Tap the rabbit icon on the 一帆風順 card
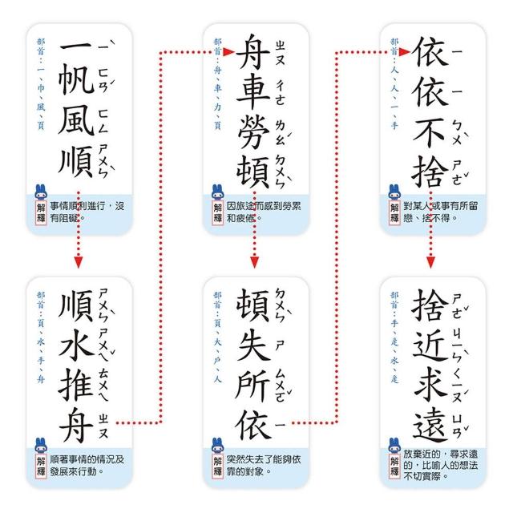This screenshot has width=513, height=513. (x=42, y=192)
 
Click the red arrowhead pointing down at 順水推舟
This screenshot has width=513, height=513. (x=78, y=263)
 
